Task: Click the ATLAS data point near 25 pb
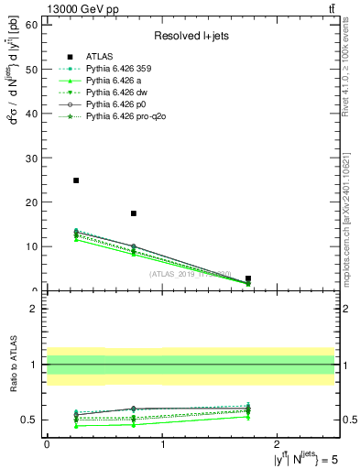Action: [76, 180]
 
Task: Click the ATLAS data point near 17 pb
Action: [134, 213]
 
